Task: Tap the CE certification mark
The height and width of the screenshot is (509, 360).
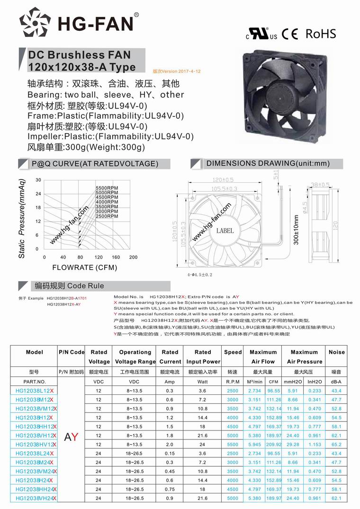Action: (289, 34)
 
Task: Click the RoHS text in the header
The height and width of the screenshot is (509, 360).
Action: (321, 34)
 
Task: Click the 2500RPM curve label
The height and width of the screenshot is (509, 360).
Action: (107, 216)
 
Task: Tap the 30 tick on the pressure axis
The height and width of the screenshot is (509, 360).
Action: (38, 180)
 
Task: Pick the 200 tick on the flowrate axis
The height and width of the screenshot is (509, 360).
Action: (133, 258)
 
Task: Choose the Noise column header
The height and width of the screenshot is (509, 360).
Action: (337, 352)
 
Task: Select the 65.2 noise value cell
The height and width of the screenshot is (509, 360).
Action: (337, 445)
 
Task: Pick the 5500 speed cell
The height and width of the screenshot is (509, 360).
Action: (233, 445)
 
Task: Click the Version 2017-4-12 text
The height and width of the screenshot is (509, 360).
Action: (177, 71)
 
